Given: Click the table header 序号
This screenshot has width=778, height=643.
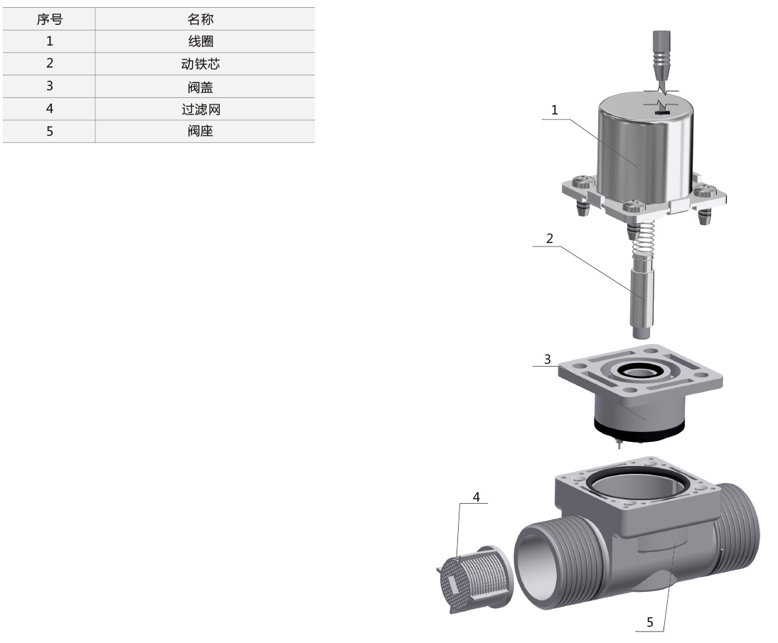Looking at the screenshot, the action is coord(50,19).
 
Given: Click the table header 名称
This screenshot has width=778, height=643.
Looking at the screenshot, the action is coord(201,19).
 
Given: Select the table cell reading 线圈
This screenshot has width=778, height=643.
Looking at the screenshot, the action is coord(201,41).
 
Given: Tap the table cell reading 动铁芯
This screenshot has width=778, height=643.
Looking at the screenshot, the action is coord(201,64).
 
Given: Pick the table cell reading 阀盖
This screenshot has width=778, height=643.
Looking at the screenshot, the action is coord(201,87).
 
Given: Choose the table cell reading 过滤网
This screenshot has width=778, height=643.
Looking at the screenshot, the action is coord(201,109).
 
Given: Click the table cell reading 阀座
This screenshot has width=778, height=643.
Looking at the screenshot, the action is coord(201,131).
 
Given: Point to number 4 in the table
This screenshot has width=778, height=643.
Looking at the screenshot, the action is coord(50,109).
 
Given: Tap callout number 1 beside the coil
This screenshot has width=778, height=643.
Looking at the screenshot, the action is coord(555,109).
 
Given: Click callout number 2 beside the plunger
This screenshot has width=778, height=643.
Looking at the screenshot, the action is coord(549,238).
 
